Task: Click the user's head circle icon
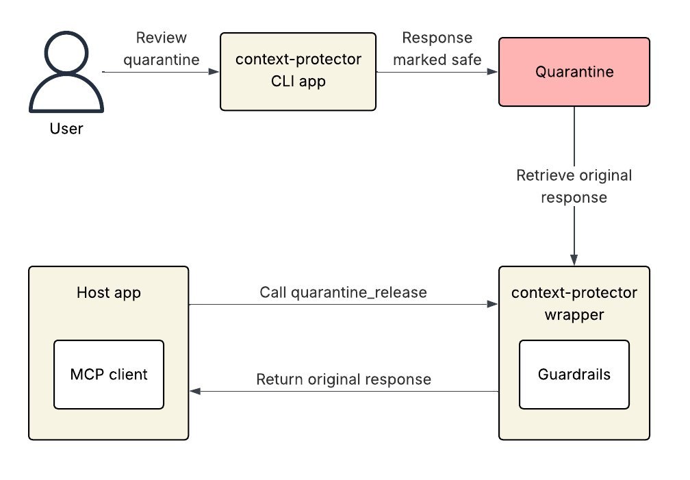66,58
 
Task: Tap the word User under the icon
66,128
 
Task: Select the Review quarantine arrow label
162,49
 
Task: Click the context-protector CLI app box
298,71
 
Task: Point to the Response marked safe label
437,49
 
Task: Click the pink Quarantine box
574,72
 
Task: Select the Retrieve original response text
574,186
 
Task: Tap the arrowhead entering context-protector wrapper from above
574,261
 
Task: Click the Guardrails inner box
574,375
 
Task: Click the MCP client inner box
109,375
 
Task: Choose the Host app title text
109,293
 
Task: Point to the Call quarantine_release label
343,292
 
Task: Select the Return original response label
344,379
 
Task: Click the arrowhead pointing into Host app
194,391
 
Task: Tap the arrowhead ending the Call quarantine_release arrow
493,304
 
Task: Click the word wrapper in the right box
574,316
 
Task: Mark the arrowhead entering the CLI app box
215,72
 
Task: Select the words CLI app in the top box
298,81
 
